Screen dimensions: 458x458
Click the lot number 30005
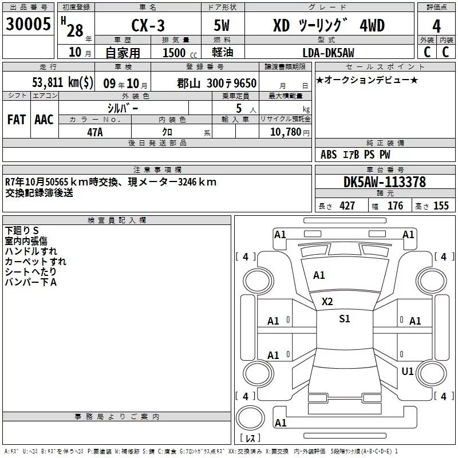[28, 23]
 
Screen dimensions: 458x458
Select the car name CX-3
[148, 25]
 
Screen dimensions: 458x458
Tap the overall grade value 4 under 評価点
[436, 26]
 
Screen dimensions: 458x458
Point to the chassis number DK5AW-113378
[385, 182]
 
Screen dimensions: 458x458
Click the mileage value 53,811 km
[62, 82]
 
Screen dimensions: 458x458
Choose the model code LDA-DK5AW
[328, 53]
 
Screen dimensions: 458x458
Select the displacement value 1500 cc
[180, 53]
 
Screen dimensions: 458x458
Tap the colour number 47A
[95, 132]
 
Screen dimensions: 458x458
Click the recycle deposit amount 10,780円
[290, 132]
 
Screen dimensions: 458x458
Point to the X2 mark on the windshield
[327, 302]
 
